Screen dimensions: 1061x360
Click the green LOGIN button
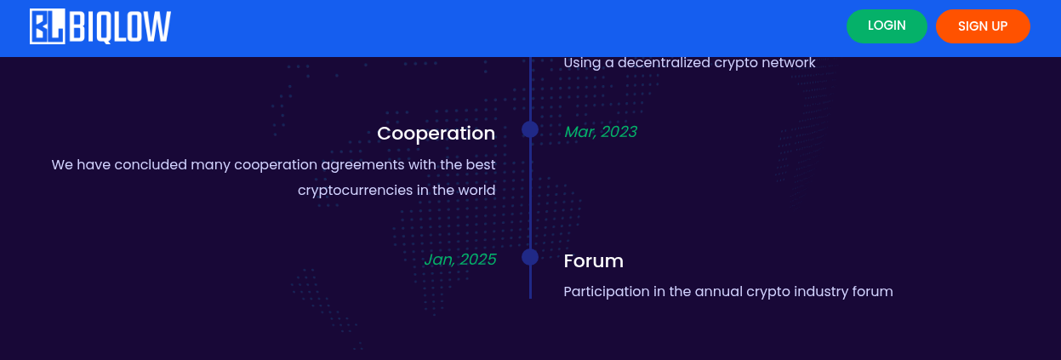point(887,26)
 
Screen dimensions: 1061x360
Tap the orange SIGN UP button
point(983,26)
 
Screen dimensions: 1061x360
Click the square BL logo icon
point(48,26)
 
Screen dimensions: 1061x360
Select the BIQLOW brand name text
point(120,27)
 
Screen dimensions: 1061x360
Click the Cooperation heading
point(436,133)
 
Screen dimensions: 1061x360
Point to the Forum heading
point(594,261)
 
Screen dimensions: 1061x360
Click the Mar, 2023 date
point(601,132)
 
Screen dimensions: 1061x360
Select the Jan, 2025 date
point(460,260)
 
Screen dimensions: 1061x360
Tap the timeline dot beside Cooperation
point(530,129)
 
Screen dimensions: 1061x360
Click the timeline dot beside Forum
point(530,257)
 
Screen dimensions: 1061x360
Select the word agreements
point(362,165)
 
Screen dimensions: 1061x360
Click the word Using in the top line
point(582,63)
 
